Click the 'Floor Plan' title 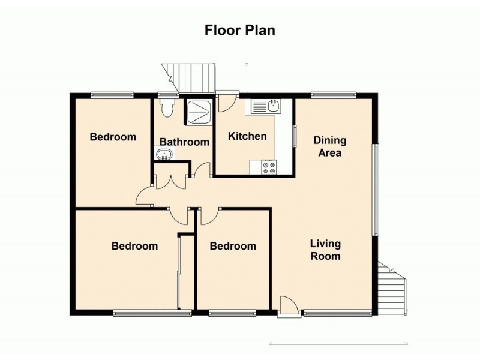pyautogui.click(x=240, y=30)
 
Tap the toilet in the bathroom pyautogui.click(x=167, y=108)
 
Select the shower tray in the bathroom pyautogui.click(x=197, y=111)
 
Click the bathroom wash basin pyautogui.click(x=164, y=155)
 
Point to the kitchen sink pyautogui.click(x=265, y=107)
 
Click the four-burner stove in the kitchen pyautogui.click(x=269, y=167)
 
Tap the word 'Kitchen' pyautogui.click(x=247, y=136)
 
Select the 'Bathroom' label pyautogui.click(x=184, y=142)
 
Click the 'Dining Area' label pyautogui.click(x=330, y=146)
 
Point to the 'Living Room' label pyautogui.click(x=325, y=250)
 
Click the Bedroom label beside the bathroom pyautogui.click(x=113, y=137)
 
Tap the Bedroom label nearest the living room pyautogui.click(x=233, y=246)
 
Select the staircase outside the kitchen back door pyautogui.click(x=190, y=77)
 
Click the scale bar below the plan pyautogui.click(x=338, y=344)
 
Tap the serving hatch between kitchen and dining pyautogui.click(x=294, y=134)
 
